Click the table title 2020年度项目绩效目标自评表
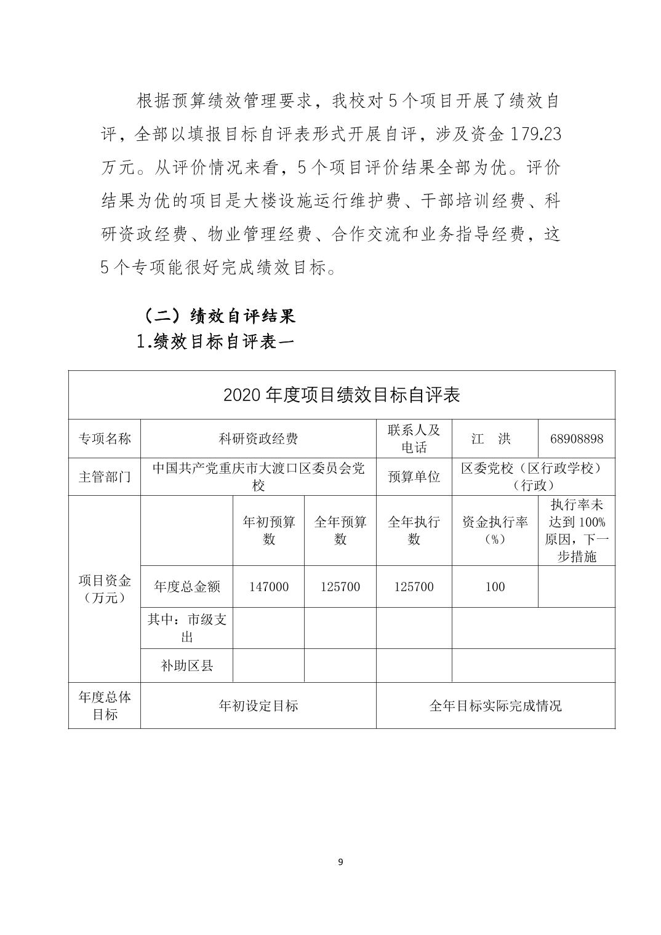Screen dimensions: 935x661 point(341,394)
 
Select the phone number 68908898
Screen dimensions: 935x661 point(576,439)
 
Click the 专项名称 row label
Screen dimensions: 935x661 point(104,439)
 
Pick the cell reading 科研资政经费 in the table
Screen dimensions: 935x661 point(258,439)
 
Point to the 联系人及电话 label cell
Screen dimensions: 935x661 point(414,439)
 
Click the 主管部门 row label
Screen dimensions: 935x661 point(104,476)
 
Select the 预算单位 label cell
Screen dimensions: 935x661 point(414,476)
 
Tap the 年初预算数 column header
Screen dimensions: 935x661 point(269,530)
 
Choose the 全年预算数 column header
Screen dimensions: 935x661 point(340,530)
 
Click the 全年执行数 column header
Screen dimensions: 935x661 point(414,530)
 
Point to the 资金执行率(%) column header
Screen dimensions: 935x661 point(494,530)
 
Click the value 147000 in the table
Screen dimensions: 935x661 point(269,587)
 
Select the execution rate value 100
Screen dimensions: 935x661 point(494,587)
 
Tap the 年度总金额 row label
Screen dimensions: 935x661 point(186,587)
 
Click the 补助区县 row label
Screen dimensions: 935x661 point(186,666)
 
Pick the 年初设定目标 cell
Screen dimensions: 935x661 point(258,706)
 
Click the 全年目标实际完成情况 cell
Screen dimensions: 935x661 point(495,706)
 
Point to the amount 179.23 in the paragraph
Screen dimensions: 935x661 point(534,134)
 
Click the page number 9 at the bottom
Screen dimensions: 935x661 point(340,862)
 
